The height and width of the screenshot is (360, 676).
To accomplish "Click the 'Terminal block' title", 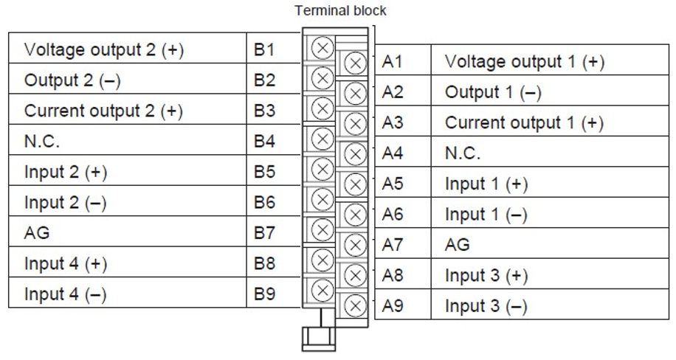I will click(x=339, y=11).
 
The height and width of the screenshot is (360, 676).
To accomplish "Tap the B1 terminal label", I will click(x=264, y=50).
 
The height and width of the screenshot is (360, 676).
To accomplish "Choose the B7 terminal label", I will click(x=264, y=234).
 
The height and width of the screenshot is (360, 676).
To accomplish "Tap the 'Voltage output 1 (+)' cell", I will click(x=525, y=63).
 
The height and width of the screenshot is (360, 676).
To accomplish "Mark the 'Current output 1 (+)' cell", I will click(x=525, y=123).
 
